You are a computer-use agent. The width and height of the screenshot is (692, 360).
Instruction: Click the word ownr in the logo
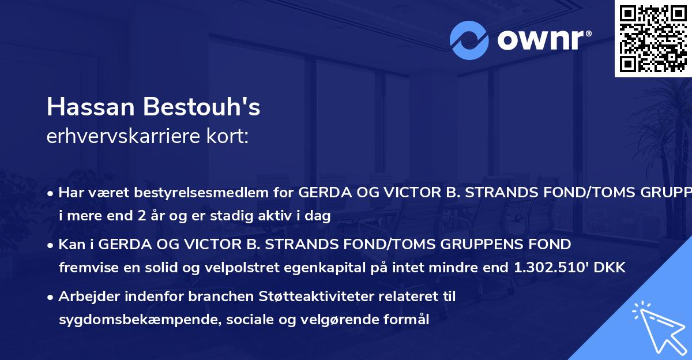pyautogui.click(x=536, y=40)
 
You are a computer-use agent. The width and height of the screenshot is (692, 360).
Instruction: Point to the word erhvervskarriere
pyautogui.click(x=122, y=137)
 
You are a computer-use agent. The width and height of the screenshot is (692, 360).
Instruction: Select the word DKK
pyautogui.click(x=612, y=268)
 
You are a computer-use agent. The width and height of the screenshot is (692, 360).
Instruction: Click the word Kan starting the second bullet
pyautogui.click(x=69, y=245)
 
